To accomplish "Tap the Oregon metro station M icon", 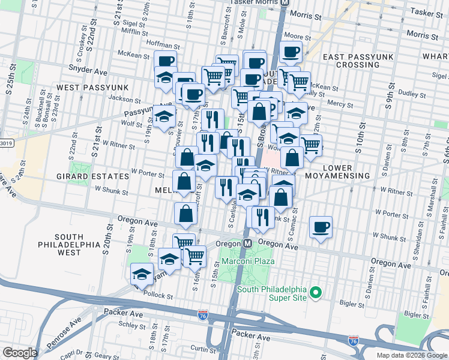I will [247, 244].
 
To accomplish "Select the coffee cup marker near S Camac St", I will [321, 228].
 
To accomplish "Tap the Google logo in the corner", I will [20, 353].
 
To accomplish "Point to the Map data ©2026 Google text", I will [411, 355].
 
